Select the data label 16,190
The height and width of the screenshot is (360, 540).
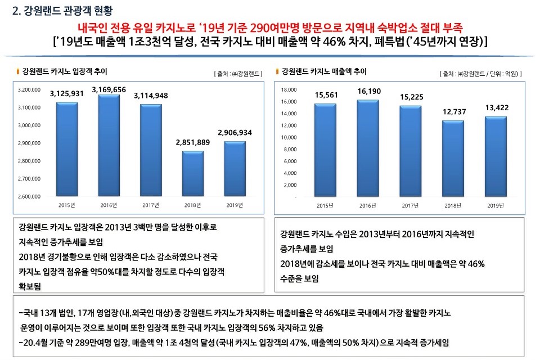pos(368,91)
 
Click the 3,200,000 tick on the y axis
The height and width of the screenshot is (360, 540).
pos(29,89)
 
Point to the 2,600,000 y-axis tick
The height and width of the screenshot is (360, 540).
pos(29,197)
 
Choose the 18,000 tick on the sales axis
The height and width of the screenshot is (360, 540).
pos(288,90)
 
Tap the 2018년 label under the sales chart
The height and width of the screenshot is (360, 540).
pos(453,205)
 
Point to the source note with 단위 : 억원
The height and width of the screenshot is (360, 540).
pos(482,74)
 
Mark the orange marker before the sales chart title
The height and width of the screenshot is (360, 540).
pos(277,71)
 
